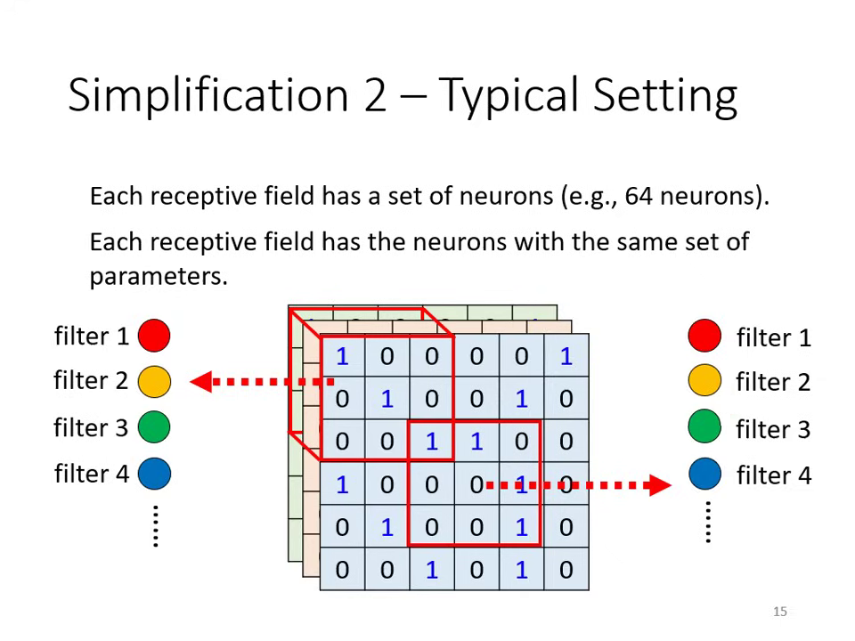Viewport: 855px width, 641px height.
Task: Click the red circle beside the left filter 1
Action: [154, 336]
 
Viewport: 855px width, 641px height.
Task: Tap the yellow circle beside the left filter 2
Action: [154, 381]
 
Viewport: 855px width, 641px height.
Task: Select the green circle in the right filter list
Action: [704, 428]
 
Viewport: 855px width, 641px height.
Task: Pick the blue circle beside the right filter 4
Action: [704, 475]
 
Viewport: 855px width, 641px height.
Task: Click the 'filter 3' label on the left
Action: [91, 427]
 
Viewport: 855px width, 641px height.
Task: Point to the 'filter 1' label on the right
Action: [773, 337]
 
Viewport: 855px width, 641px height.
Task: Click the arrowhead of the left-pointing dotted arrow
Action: [200, 381]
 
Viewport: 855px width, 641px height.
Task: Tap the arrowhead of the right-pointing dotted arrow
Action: [660, 484]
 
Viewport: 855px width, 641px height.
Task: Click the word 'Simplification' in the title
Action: [208, 94]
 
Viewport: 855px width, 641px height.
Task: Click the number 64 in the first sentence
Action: [638, 196]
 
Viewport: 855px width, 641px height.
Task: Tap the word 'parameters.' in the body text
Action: [159, 276]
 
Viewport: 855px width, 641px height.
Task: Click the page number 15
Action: [780, 612]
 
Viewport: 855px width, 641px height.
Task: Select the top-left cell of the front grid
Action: [342, 357]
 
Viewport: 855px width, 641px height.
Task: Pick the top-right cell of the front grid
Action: [566, 357]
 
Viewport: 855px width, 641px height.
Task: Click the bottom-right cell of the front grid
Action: [566, 570]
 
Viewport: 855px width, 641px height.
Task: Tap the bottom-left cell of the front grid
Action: [342, 570]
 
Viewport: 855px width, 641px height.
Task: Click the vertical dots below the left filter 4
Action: [155, 525]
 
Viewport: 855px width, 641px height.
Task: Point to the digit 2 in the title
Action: [375, 94]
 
